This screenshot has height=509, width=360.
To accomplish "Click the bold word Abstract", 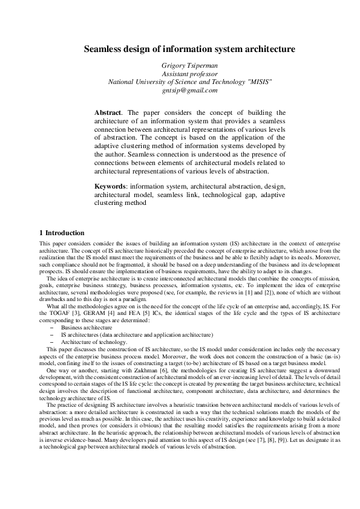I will pos(108,112).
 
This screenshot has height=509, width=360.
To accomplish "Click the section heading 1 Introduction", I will pos(62,233).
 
